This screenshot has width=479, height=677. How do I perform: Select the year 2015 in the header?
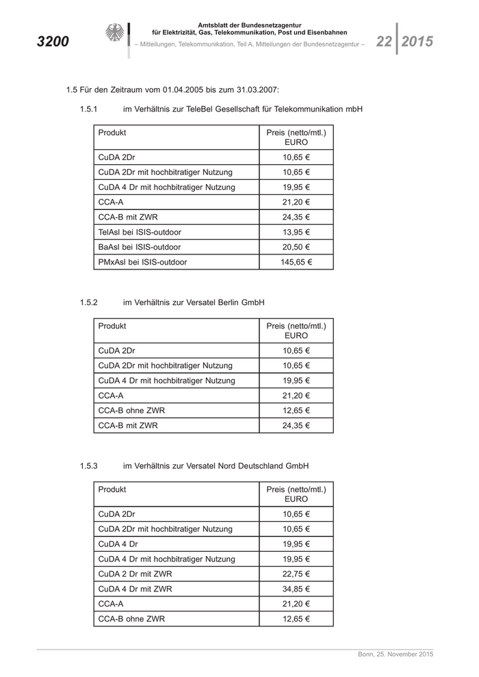[x=417, y=42]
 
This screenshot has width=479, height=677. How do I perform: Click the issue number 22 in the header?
[x=383, y=42]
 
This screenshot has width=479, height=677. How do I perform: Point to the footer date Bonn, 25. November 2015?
[x=396, y=655]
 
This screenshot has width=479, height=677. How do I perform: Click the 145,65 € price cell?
[x=296, y=262]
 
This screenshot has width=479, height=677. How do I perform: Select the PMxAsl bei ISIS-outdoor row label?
[x=142, y=262]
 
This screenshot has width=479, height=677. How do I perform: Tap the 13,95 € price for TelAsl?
[x=296, y=232]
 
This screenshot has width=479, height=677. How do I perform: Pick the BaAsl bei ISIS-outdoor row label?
[x=140, y=247]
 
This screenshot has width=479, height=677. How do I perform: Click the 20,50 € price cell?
[x=296, y=247]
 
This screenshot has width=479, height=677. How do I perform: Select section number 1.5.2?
[x=89, y=302]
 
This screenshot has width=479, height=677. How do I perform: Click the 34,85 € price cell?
[x=296, y=589]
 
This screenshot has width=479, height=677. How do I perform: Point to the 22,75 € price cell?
[x=296, y=574]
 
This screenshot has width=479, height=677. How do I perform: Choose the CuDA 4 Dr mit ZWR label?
[x=135, y=589]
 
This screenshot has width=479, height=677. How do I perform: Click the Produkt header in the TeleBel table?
[x=112, y=132]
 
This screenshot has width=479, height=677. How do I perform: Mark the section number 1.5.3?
[x=89, y=466]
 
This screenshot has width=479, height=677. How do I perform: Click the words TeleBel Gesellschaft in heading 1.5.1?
[x=213, y=109]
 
